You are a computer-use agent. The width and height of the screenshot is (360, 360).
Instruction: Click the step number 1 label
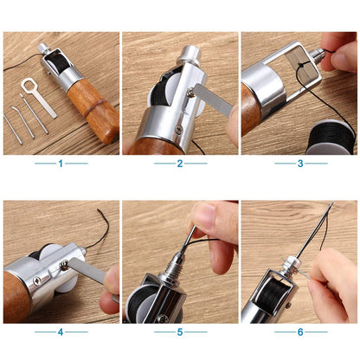click(61, 164)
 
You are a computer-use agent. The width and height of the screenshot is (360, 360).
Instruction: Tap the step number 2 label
click(180, 164)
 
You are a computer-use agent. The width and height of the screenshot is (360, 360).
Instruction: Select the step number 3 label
click(300, 164)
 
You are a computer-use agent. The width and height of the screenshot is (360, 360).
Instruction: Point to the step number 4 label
click(61, 332)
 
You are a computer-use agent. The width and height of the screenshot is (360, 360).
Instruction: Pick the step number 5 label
click(180, 332)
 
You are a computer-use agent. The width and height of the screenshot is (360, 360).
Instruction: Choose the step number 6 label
click(300, 332)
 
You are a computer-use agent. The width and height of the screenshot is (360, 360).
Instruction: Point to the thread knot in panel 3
click(300, 66)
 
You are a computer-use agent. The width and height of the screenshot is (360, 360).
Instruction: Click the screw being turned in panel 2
click(190, 92)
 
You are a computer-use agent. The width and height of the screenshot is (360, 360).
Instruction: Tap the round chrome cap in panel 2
click(190, 55)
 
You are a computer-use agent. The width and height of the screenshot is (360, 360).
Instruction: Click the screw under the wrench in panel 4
click(63, 265)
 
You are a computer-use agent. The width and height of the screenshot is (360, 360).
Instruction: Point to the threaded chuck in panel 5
click(170, 267)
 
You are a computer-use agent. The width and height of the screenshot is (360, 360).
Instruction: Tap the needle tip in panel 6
click(332, 202)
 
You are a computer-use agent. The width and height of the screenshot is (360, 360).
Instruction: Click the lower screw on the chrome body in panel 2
click(178, 129)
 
